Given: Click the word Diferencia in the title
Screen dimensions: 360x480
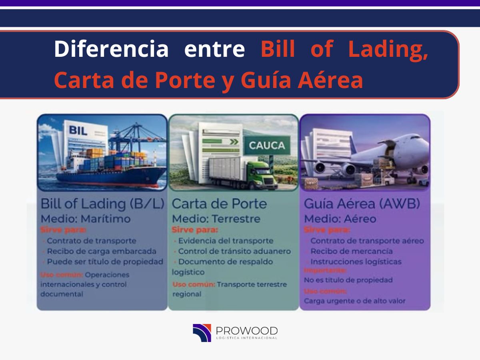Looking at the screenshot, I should [111, 49].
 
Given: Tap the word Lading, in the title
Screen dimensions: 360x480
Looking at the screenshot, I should [388, 49].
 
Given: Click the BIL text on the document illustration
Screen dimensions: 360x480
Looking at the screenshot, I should [78, 130].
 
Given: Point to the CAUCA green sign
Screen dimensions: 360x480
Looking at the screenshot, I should [267, 145].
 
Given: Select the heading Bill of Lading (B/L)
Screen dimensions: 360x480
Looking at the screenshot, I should [102, 204].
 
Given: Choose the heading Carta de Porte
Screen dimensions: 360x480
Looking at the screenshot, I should [219, 204].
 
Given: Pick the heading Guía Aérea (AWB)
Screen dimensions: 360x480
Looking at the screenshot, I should [362, 204].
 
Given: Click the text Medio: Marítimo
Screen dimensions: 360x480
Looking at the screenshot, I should [86, 219].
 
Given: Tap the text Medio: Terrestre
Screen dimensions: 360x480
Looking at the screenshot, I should [216, 219].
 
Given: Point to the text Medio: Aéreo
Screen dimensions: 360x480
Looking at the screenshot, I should [340, 219].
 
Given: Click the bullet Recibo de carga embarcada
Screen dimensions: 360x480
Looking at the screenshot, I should [102, 251].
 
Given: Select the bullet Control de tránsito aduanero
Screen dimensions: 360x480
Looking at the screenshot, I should [234, 251].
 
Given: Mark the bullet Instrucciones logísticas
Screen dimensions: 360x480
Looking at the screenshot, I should [356, 262].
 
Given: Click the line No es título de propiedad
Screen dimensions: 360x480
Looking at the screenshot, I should [348, 280].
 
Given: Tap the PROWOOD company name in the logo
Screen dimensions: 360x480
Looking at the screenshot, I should [246, 331].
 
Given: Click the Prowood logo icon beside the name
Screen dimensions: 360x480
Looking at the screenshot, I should [202, 333].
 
